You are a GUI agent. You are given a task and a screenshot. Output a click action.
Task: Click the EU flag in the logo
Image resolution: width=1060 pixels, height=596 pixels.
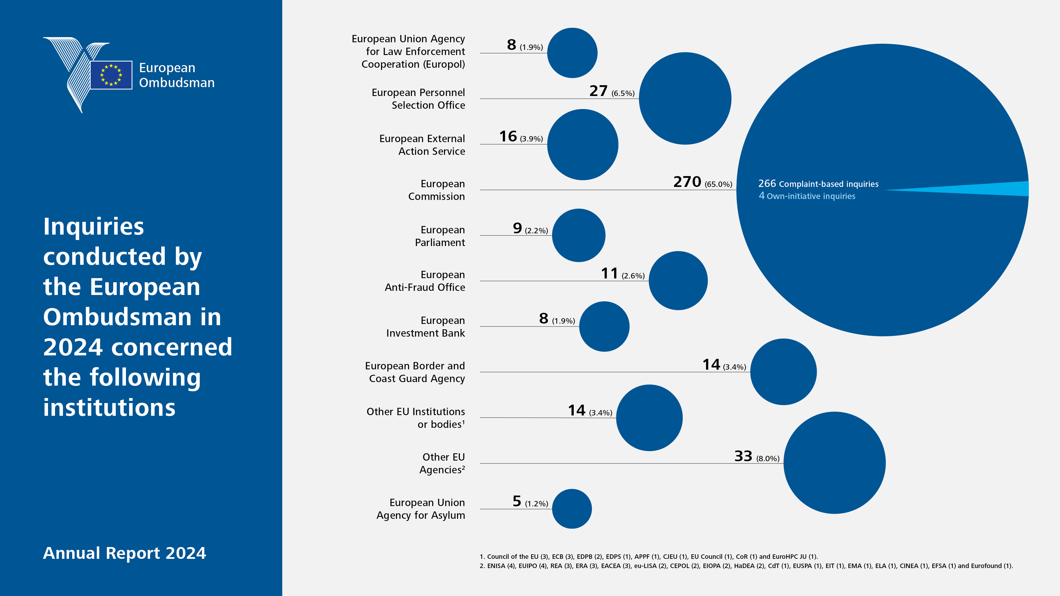(111, 75)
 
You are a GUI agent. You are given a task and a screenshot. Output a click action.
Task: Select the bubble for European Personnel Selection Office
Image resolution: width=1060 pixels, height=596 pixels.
(685, 98)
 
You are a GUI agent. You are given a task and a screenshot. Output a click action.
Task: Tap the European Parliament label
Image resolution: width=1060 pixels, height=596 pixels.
(440, 236)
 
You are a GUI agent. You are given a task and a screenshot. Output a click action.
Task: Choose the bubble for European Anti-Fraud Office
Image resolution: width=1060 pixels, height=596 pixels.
(678, 281)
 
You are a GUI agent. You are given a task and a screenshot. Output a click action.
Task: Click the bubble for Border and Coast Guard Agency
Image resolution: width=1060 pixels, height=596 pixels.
(784, 372)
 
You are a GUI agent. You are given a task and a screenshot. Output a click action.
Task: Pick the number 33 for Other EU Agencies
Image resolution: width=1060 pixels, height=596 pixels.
(743, 456)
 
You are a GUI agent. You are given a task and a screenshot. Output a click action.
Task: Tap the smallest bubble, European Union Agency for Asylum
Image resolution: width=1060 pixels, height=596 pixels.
(572, 509)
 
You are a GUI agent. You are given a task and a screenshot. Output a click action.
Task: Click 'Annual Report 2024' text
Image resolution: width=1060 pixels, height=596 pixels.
(124, 553)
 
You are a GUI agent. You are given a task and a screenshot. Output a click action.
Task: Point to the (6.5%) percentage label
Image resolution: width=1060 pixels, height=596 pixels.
(623, 93)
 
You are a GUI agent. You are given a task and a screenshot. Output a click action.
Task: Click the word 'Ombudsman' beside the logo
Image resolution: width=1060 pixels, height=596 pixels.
(177, 83)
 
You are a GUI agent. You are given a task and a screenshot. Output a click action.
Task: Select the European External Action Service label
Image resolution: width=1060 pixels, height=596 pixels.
(422, 145)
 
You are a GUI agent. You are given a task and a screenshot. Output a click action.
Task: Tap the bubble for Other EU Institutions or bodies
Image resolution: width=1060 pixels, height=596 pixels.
(649, 418)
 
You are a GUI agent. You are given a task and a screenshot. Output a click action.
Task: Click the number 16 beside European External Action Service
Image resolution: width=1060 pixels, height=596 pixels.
(508, 136)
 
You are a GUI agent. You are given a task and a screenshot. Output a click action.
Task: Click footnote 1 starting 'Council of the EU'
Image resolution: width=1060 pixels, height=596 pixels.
(649, 557)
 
